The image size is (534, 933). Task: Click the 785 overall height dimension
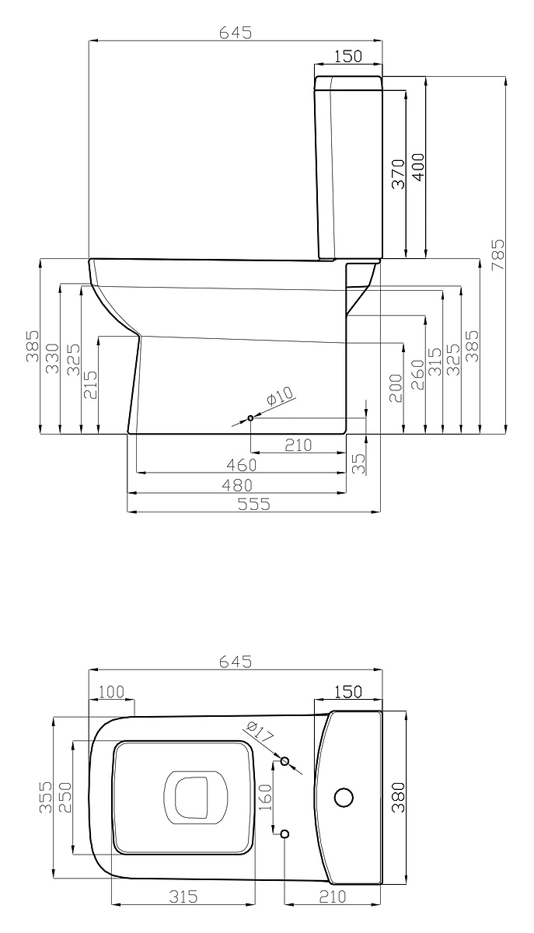pyautogui.click(x=497, y=254)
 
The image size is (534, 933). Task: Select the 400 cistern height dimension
pyautogui.click(x=418, y=167)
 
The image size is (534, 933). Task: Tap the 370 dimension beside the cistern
pyautogui.click(x=399, y=173)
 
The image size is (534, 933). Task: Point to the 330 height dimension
pyautogui.click(x=53, y=358)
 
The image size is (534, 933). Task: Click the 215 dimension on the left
pyautogui.click(x=91, y=384)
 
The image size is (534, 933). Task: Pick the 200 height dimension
pyautogui.click(x=396, y=388)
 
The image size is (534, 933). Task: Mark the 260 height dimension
pyautogui.click(x=417, y=375)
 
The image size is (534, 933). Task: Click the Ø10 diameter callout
pyautogui.click(x=280, y=396)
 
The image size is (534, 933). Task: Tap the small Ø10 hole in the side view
pyautogui.click(x=251, y=418)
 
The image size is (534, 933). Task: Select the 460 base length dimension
pyautogui.click(x=242, y=465)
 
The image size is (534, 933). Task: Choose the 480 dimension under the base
pyautogui.click(x=237, y=485)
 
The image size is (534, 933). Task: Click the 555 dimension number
pyautogui.click(x=254, y=504)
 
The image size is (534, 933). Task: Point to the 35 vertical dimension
pyautogui.click(x=358, y=463)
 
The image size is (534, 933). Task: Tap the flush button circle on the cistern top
pyautogui.click(x=344, y=797)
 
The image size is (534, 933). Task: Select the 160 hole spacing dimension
pyautogui.click(x=264, y=797)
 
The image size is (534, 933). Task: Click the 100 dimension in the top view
pyautogui.click(x=111, y=692)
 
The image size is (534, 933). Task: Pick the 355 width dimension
pyautogui.click(x=46, y=797)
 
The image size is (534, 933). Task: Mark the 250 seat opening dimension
pyautogui.click(x=65, y=797)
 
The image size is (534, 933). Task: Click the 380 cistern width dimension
pyautogui.click(x=399, y=797)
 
